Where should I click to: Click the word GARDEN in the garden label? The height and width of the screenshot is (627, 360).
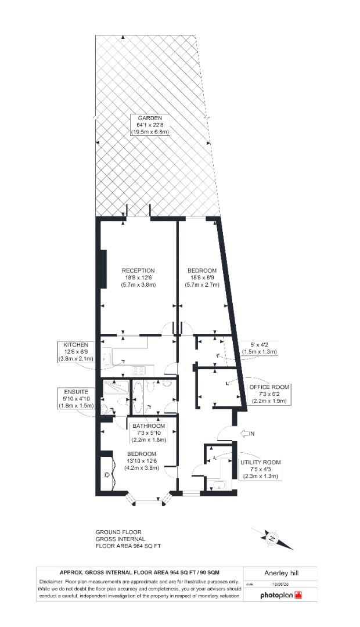(x=150, y=118)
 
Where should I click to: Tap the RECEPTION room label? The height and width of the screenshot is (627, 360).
(x=138, y=271)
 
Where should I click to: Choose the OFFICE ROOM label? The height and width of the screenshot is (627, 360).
(x=269, y=387)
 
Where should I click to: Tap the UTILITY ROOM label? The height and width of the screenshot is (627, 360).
(x=260, y=462)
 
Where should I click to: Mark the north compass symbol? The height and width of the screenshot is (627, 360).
(x=272, y=538)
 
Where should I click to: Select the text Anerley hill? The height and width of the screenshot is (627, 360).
(x=282, y=573)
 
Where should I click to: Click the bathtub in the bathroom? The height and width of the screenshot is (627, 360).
(x=138, y=398)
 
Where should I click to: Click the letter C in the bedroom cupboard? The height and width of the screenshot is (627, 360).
(x=107, y=475)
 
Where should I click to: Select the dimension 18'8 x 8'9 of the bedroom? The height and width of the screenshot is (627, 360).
(x=203, y=278)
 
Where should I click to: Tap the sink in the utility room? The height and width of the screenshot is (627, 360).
(x=219, y=485)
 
